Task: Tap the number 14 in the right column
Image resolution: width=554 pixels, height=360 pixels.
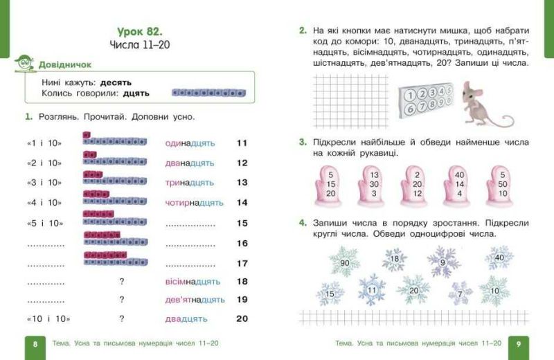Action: (x=242, y=203)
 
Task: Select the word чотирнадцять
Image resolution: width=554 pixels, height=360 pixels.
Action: (x=194, y=203)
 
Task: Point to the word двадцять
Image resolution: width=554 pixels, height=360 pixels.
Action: (x=186, y=319)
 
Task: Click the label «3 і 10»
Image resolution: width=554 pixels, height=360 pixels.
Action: (x=44, y=183)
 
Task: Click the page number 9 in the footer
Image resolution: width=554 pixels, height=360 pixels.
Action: (x=519, y=344)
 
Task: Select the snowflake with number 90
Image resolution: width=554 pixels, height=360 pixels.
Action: (x=344, y=263)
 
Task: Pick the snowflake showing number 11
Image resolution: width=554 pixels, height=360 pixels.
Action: (x=372, y=289)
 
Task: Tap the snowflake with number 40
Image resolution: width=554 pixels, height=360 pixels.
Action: (x=498, y=258)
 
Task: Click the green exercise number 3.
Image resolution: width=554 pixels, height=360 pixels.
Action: (x=303, y=142)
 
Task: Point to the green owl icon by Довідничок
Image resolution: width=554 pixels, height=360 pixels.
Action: (x=25, y=64)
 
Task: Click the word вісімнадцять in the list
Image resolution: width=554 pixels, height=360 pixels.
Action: (x=193, y=281)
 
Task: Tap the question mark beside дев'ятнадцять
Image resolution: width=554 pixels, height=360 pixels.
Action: (x=122, y=300)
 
